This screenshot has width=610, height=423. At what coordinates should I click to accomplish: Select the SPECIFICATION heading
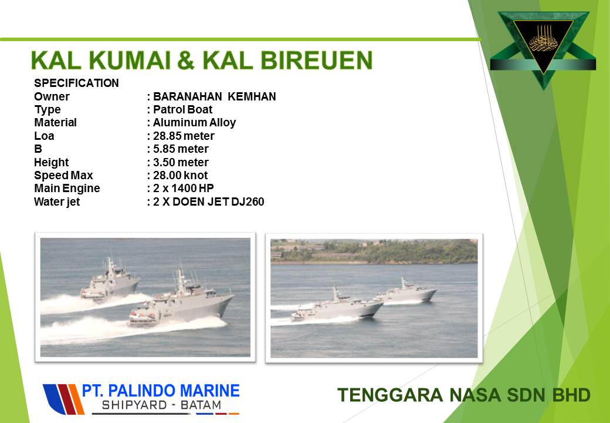pyautogui.click(x=76, y=83)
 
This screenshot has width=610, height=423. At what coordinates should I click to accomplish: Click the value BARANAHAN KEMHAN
pyautogui.click(x=214, y=96)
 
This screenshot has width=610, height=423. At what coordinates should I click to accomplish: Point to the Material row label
pyautogui.click(x=55, y=122)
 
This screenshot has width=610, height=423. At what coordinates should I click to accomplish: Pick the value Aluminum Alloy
pyautogui.click(x=194, y=123)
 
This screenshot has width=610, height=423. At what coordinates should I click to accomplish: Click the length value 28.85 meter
pyautogui.click(x=184, y=136)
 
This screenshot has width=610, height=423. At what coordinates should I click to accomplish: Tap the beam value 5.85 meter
pyautogui.click(x=181, y=149)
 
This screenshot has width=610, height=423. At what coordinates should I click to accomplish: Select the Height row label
pyautogui.click(x=52, y=162)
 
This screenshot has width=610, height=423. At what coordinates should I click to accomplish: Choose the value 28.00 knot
pyautogui.click(x=180, y=175)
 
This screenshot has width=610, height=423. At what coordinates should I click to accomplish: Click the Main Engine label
pyautogui.click(x=67, y=189)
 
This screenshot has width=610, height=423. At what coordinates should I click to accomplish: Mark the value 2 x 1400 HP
pyautogui.click(x=183, y=188)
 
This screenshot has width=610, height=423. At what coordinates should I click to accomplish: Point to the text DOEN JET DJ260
pyautogui.click(x=218, y=202)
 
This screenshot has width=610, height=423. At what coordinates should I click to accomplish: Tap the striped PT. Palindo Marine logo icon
pyautogui.click(x=63, y=399)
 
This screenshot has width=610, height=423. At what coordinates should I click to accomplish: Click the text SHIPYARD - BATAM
pyautogui.click(x=161, y=405)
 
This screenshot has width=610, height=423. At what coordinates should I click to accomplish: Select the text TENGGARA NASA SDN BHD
pyautogui.click(x=464, y=395)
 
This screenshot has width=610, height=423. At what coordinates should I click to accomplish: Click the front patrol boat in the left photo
pyautogui.click(x=181, y=303)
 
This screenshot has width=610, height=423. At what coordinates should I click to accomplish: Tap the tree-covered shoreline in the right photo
pyautogui.click(x=374, y=251)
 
